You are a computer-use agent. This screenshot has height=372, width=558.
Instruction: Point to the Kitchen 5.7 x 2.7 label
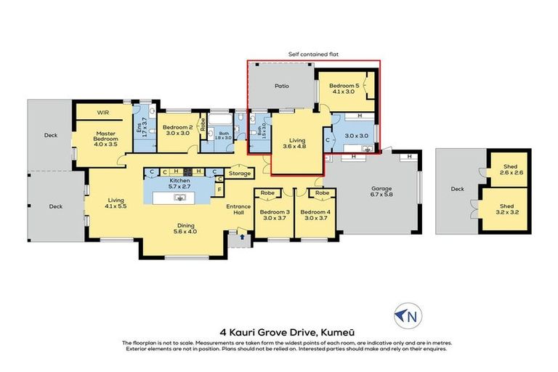179,182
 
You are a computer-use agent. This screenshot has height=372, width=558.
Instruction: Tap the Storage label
239,174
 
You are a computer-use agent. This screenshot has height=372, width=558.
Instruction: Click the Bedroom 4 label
316,215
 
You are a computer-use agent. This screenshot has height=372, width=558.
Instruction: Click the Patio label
281,86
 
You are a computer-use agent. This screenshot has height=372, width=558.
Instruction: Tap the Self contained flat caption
313,53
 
